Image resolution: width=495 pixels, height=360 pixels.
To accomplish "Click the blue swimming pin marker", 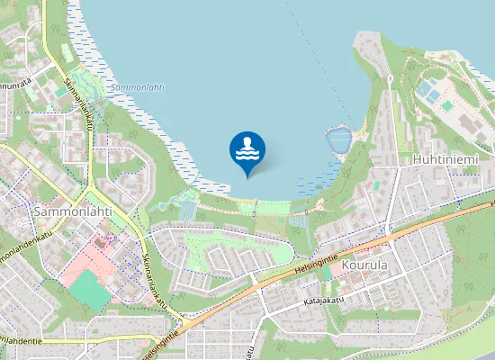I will point(247,152).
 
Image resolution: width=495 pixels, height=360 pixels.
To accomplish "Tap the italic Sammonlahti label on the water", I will point(137,88).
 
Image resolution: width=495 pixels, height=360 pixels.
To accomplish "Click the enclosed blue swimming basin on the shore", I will point(337,140).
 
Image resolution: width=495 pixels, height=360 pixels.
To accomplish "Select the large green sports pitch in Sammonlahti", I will point(90,290).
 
